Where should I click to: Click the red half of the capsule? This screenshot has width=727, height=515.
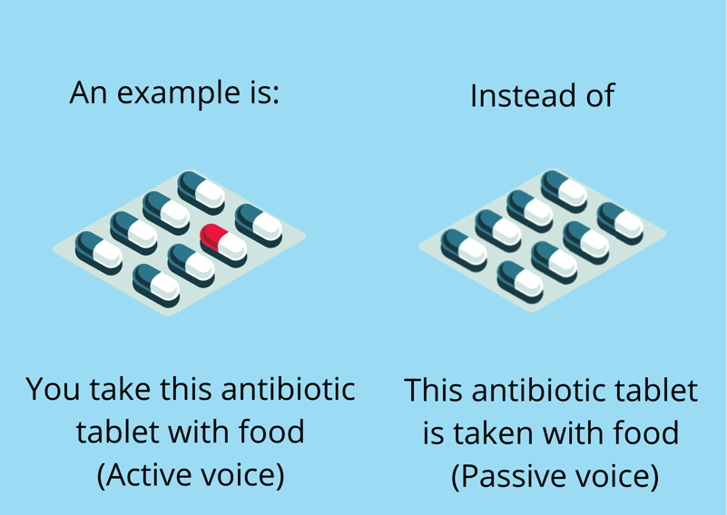point(212,236)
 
